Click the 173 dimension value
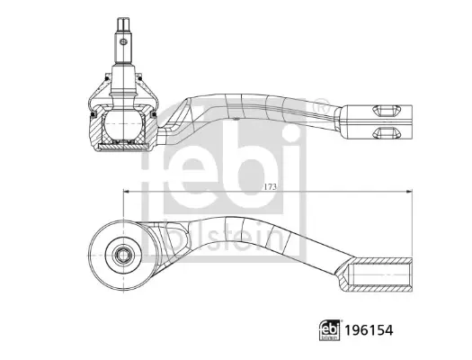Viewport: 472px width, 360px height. click(x=270, y=187)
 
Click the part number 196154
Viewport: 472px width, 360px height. click(x=369, y=330)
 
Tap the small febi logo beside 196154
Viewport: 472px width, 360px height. click(x=329, y=330)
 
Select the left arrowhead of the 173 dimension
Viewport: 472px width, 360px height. click(x=126, y=191)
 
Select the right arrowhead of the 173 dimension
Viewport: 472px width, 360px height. click(x=409, y=191)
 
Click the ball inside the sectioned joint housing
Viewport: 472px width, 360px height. click(x=123, y=125)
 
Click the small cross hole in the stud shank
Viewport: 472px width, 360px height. click(x=123, y=41)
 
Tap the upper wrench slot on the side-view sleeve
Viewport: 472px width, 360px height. click(x=387, y=111)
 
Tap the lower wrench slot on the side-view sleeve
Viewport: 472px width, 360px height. click(x=387, y=132)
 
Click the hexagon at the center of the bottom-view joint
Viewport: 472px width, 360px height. click(x=123, y=256)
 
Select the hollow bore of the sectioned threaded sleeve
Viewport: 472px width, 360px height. click(x=380, y=274)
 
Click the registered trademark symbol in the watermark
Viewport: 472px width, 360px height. click(x=322, y=106)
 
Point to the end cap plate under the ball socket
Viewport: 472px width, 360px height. click(x=123, y=147)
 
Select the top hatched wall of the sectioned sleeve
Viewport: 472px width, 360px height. click(x=381, y=261)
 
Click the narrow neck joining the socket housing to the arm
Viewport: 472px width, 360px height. click(x=162, y=136)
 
